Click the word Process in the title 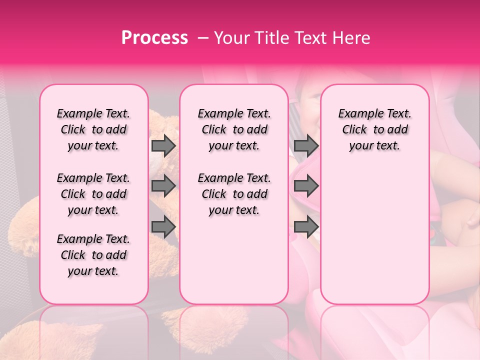[154, 38]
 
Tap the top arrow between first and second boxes [163, 145]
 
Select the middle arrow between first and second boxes [163, 186]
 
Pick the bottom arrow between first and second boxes [163, 227]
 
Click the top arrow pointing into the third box [306, 145]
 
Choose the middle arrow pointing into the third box [306, 186]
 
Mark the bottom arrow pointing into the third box [306, 227]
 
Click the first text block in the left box [93, 129]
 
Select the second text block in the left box [93, 194]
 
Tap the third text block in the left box [93, 255]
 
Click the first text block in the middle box [234, 129]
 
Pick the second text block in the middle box [234, 194]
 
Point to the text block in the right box [374, 129]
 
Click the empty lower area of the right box [374, 235]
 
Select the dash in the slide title [203, 38]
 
